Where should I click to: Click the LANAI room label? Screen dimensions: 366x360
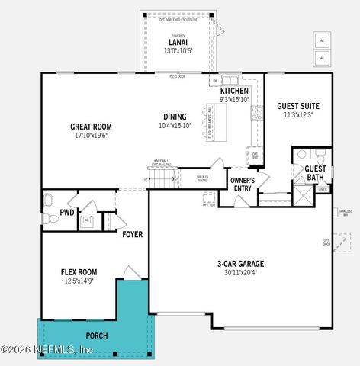click(178, 42)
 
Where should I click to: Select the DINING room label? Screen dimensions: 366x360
click(175, 117)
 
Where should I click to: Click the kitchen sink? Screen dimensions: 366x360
click(230, 80)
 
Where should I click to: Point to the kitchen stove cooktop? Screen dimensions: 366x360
click(257, 114)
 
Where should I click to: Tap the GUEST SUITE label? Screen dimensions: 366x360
click(298, 106)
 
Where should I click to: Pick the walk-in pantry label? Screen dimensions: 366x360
click(202, 179)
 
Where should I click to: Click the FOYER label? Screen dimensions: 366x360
click(133, 234)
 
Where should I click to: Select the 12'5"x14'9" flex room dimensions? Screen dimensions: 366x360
click(79, 281)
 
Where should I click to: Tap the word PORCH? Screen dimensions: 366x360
click(96, 335)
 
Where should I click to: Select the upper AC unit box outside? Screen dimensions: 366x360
click(321, 40)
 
